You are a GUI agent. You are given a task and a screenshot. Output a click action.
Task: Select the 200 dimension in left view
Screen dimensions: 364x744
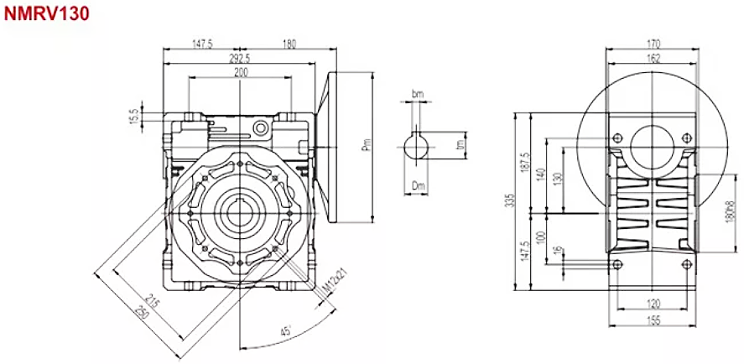coord(240,74)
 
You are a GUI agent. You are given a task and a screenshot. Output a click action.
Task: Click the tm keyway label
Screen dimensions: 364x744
coord(460,144)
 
